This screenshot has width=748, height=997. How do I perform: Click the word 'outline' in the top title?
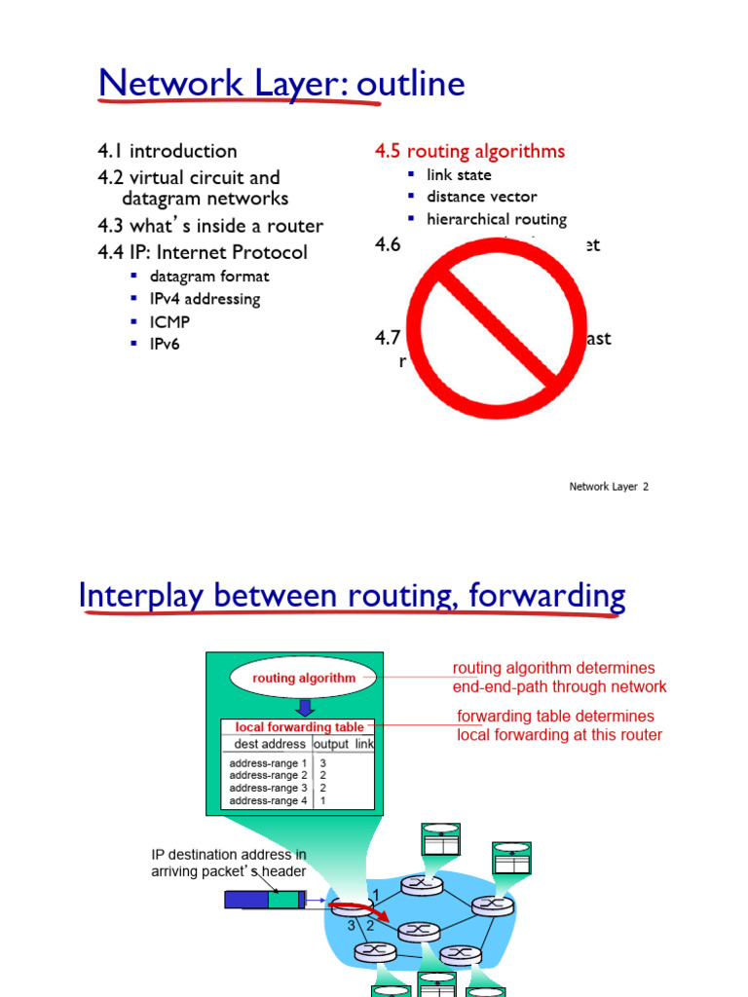[410, 86]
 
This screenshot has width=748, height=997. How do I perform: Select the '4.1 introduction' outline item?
[167, 151]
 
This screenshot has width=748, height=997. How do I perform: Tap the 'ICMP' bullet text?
[170, 321]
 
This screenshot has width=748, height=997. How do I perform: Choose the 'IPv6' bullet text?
[166, 344]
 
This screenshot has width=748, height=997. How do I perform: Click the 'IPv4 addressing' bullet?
[205, 299]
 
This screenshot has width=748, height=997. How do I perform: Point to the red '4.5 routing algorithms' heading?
[469, 151]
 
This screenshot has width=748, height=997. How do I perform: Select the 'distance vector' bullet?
[481, 197]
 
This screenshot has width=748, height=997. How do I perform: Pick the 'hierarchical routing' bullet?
[496, 219]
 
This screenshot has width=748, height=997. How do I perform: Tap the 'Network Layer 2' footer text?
[609, 487]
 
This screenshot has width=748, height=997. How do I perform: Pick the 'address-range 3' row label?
[269, 788]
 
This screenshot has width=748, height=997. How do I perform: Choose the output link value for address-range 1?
[322, 763]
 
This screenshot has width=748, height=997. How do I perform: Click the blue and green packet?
[265, 899]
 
